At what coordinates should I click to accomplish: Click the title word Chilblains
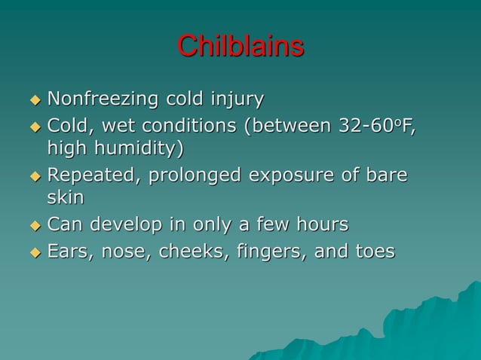(240, 47)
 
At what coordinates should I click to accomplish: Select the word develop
(121, 225)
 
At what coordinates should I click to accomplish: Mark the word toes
(374, 250)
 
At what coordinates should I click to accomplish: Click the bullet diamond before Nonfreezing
(34, 99)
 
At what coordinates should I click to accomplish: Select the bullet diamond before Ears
(34, 251)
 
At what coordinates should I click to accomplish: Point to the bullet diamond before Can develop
(34, 225)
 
